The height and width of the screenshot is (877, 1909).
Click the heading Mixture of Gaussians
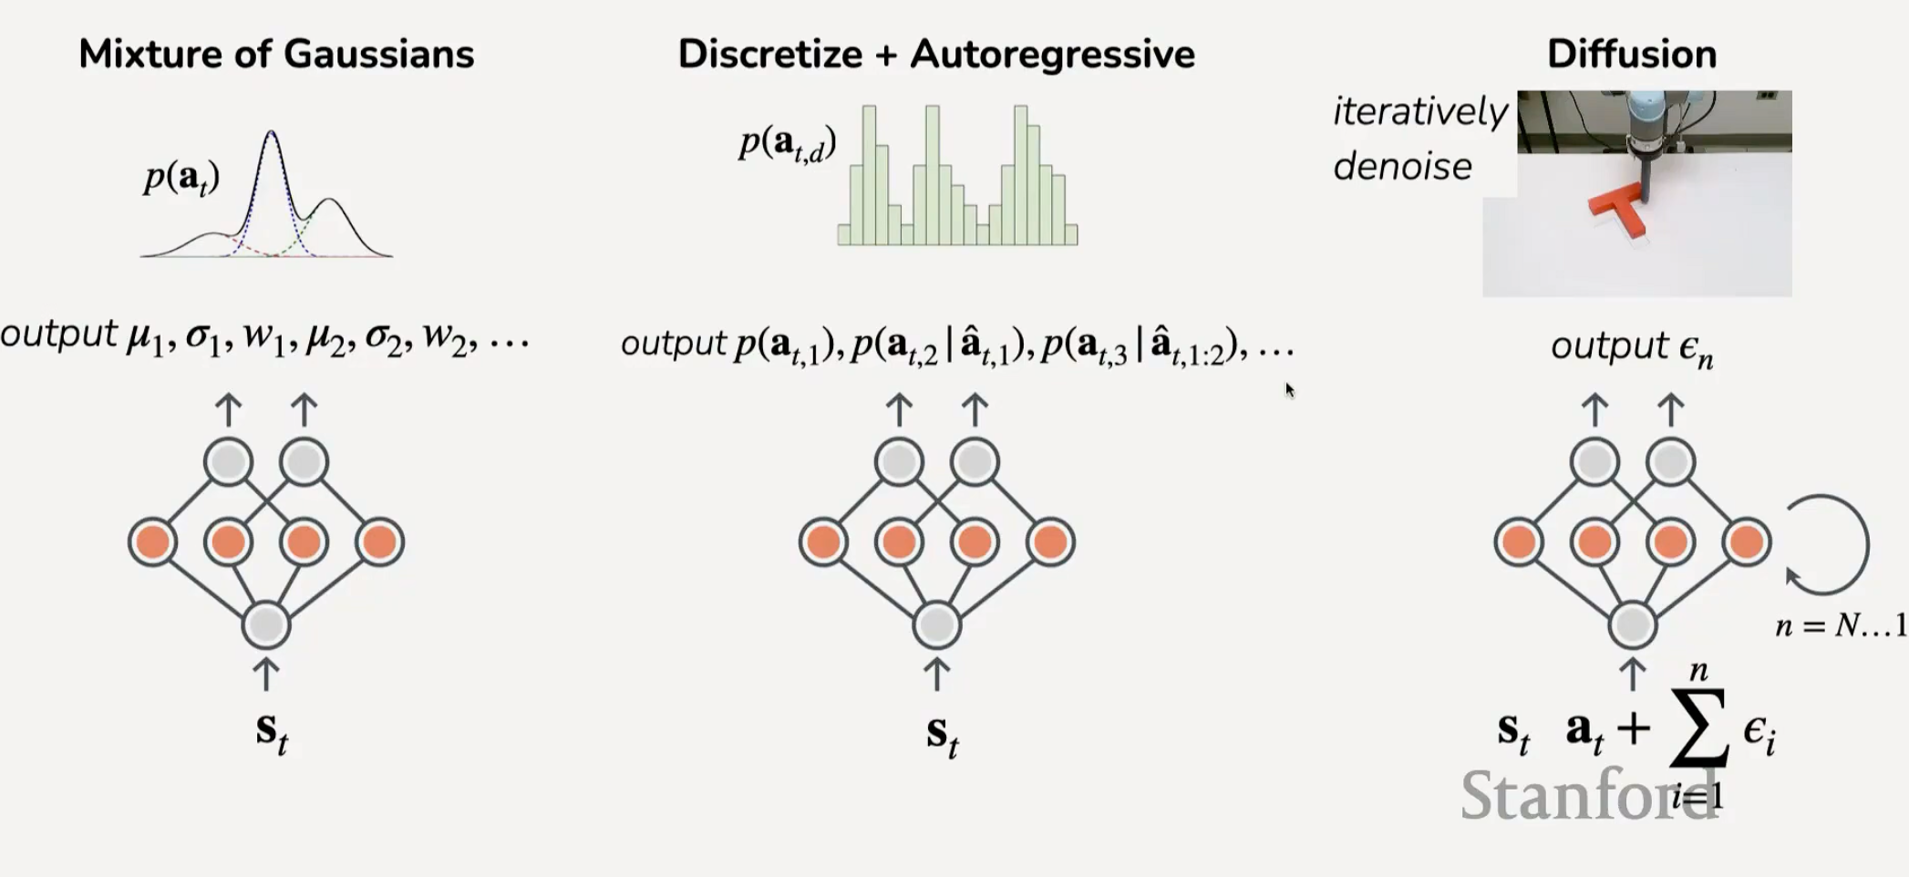276,54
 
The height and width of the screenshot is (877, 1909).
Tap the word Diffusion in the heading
1632,54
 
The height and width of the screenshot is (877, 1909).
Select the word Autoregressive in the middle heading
1052,55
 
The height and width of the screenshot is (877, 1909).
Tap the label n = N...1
1841,625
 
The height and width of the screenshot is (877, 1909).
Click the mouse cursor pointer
1290,390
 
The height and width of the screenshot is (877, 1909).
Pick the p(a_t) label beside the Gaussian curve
181,178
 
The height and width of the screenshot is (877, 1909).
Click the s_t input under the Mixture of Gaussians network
272,732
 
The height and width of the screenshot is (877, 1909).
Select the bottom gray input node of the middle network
937,625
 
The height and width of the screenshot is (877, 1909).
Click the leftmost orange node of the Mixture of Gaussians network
152,542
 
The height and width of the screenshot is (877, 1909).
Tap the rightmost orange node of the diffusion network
1746,542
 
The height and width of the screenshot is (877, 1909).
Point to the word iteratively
1420,112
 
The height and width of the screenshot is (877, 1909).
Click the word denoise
1402,167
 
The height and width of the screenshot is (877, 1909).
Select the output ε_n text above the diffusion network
1632,348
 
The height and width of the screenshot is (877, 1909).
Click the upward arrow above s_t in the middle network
937,675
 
